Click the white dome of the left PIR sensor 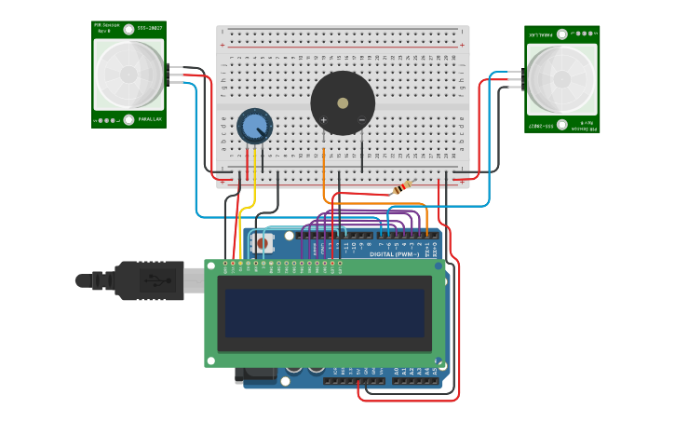point(128,74)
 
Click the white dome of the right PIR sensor point(561,79)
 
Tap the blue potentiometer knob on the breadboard point(253,125)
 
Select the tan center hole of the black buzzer point(343,102)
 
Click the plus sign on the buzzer point(324,120)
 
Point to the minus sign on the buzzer point(361,120)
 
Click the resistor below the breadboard point(402,189)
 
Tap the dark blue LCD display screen point(323,312)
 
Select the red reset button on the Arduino point(263,244)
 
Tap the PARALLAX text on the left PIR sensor point(150,120)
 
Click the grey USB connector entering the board point(193,279)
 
